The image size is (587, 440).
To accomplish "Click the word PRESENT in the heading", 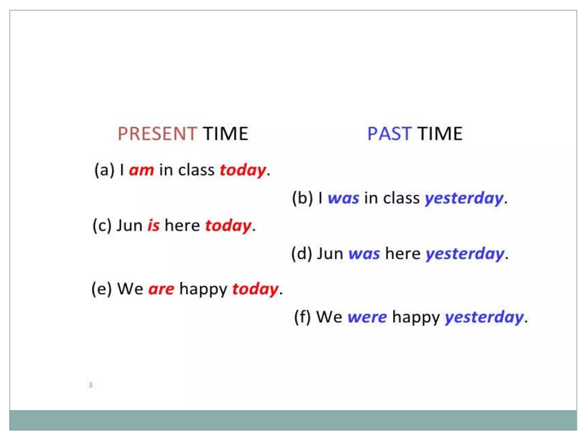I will tap(157, 134).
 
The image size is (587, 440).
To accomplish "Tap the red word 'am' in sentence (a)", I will tap(142, 170).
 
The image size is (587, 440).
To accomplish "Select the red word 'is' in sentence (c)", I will tap(153, 225).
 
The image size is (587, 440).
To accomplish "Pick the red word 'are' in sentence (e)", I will tap(161, 289).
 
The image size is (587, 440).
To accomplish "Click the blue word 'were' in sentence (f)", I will tap(367, 317).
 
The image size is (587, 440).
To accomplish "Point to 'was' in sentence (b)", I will tap(343, 198).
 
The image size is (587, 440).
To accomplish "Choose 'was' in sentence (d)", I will tap(364, 254).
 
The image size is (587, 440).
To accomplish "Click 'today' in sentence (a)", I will tap(243, 170).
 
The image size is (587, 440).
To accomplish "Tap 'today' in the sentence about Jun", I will tap(228, 225).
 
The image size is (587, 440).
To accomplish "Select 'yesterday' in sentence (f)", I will tap(484, 317).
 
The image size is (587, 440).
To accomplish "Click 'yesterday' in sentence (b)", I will tap(464, 198).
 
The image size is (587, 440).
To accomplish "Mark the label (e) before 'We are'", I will tap(101, 289).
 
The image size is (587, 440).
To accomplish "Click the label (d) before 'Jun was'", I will tap(302, 254).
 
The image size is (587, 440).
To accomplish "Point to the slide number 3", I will tap(91, 384).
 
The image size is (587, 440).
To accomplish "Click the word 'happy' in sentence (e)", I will tap(203, 289).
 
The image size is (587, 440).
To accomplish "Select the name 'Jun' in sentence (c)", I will tap(129, 225).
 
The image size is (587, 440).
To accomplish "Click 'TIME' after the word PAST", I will tap(440, 134).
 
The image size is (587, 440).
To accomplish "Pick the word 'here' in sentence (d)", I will tap(402, 254).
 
